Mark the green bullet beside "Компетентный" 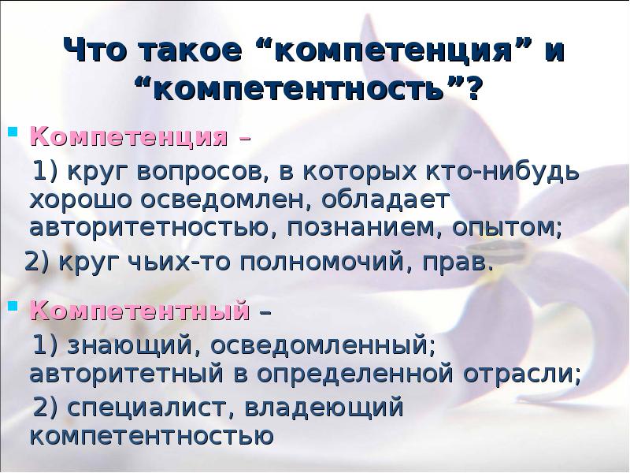point(15,302)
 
